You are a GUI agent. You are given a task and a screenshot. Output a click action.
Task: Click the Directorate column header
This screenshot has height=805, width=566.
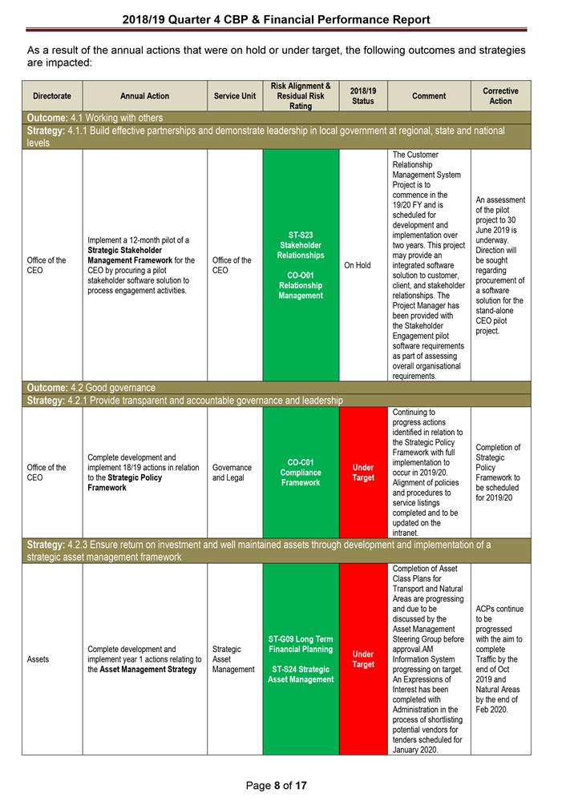click(52, 96)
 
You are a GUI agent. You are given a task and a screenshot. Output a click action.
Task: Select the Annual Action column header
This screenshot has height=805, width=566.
click(144, 96)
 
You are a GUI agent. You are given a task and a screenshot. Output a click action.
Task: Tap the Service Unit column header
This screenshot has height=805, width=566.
click(235, 96)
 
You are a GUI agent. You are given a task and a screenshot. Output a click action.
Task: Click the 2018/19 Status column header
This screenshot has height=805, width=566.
click(363, 96)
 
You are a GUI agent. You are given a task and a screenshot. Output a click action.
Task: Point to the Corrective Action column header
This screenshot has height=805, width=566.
click(500, 96)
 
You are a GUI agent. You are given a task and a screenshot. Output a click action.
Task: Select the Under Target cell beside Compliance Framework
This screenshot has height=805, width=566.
click(363, 473)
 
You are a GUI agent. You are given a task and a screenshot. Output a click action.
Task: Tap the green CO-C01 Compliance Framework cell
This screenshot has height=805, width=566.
click(301, 473)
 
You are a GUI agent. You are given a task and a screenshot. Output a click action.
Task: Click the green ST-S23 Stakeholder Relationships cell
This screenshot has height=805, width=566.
click(301, 265)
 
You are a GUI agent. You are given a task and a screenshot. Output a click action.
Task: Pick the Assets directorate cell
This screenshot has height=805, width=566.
click(38, 659)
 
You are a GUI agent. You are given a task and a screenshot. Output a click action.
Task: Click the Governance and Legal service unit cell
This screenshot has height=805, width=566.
click(232, 473)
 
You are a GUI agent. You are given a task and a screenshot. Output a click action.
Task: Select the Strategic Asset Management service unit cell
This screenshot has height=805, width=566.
click(233, 659)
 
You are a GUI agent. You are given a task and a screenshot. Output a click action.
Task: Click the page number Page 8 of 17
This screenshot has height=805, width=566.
click(277, 786)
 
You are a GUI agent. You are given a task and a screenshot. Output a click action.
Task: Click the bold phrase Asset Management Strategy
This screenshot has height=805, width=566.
click(148, 669)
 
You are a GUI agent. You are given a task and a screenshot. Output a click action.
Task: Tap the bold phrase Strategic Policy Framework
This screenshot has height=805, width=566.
click(125, 482)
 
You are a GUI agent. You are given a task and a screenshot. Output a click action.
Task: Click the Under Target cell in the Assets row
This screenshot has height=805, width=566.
click(363, 659)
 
